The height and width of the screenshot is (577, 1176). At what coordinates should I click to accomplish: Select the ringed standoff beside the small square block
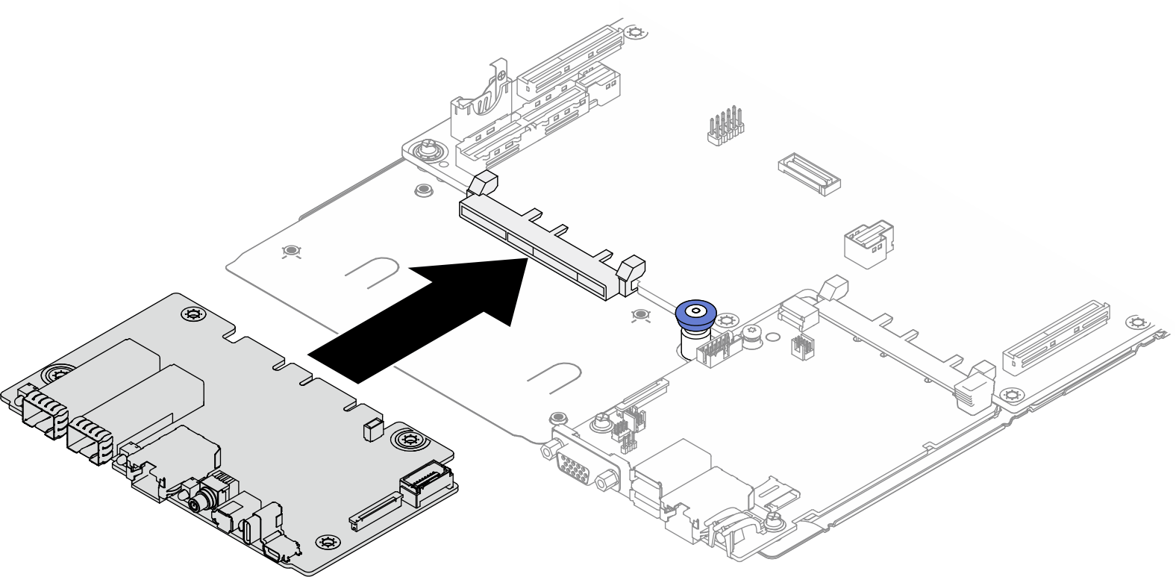point(408,439)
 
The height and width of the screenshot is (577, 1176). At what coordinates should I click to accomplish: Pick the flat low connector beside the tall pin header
point(809,175)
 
